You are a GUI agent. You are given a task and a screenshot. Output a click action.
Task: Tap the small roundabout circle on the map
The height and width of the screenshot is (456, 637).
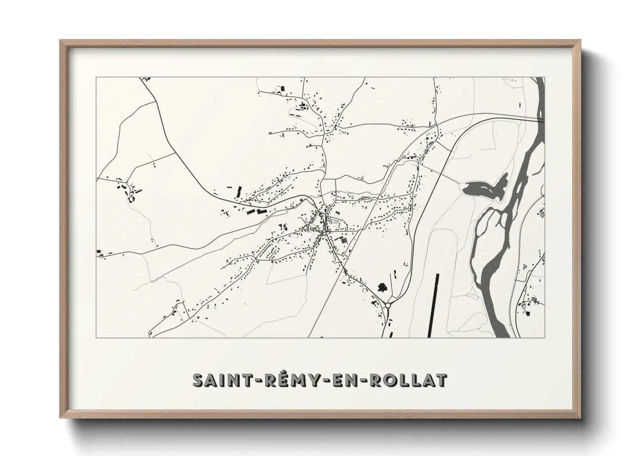[x=388, y=305]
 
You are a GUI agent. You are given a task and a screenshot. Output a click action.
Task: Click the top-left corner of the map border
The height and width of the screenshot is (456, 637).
[x=96, y=78]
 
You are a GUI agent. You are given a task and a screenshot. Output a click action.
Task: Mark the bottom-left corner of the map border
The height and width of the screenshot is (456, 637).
[x=96, y=337]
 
